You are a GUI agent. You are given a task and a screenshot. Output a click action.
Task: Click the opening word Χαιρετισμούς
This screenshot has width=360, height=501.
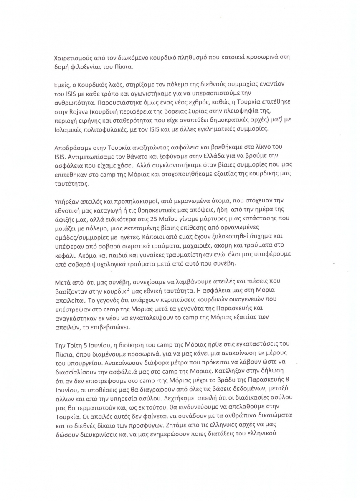[x=74, y=59]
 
